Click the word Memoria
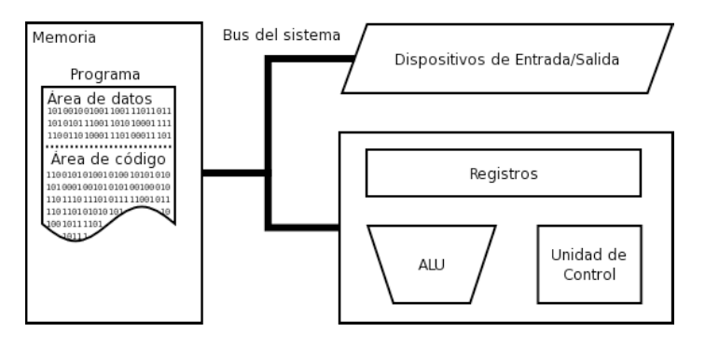point(64,38)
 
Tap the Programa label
point(105,75)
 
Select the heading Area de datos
point(100,99)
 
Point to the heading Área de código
point(108,159)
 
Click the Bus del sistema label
point(281,35)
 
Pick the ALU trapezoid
point(432,264)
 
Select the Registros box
point(503,173)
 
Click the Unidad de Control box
point(589,264)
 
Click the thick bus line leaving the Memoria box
point(233,173)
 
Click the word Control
point(589,274)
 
